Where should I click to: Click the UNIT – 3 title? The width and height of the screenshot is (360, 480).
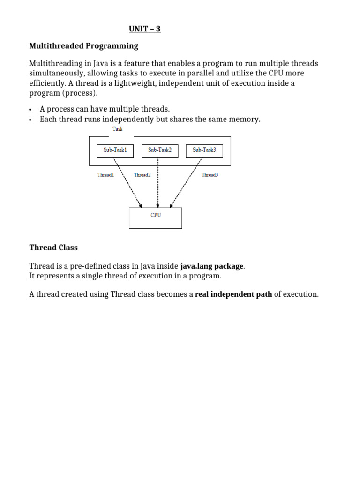pos(145,29)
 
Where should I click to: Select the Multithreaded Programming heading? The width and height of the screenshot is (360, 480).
pos(83,46)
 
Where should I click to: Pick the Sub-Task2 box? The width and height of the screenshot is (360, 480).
pos(160,150)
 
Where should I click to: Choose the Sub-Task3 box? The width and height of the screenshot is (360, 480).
pos(204,150)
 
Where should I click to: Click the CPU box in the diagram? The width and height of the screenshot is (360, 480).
pos(155,218)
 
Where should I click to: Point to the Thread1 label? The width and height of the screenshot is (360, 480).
pos(105,175)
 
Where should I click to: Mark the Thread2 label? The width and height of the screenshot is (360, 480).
pos(142,175)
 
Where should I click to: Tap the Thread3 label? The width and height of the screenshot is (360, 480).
pos(210,175)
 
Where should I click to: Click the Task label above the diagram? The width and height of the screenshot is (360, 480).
pos(117,129)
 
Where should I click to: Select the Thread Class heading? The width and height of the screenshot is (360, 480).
pos(53,247)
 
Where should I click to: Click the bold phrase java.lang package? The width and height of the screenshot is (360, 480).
pos(212,266)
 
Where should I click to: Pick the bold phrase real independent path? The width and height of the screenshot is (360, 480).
pos(233,294)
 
